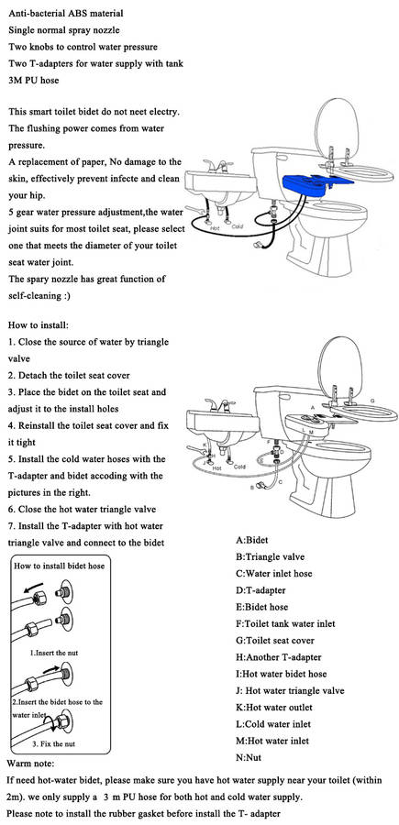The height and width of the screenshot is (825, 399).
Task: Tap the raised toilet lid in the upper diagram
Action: click(x=337, y=129)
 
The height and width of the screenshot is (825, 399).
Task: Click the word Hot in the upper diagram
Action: click(x=215, y=229)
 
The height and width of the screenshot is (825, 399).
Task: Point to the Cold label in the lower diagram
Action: click(x=239, y=467)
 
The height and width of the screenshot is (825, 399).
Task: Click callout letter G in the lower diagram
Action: click(x=372, y=401)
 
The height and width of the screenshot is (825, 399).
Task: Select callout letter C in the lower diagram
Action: click(x=280, y=481)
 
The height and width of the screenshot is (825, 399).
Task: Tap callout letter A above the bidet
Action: click(x=312, y=407)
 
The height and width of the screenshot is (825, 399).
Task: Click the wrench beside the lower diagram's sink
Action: click(x=195, y=450)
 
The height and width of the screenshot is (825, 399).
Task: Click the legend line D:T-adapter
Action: click(x=261, y=590)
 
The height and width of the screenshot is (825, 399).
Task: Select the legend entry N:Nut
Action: click(x=249, y=758)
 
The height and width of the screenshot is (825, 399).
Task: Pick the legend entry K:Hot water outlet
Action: click(x=273, y=707)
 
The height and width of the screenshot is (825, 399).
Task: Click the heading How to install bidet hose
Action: click(x=59, y=566)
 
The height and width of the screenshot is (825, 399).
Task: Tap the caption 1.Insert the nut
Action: click(x=54, y=653)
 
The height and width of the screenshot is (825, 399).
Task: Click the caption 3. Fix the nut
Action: click(x=54, y=744)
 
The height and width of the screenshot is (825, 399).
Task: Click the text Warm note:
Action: click(x=30, y=763)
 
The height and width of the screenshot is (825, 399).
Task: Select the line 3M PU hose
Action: click(x=34, y=81)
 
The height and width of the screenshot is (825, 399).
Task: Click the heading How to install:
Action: click(x=39, y=325)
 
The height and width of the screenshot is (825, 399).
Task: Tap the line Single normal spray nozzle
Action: click(x=64, y=30)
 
